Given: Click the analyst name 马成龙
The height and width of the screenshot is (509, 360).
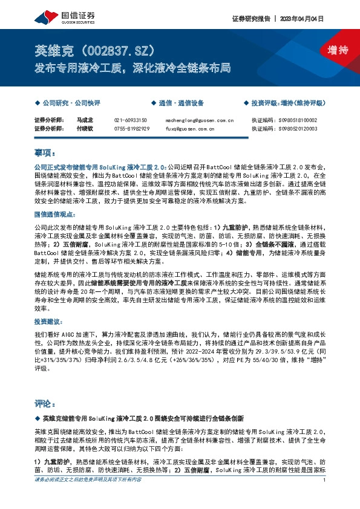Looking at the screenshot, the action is [83, 121].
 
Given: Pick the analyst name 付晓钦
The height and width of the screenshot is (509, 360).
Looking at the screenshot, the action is [83, 128].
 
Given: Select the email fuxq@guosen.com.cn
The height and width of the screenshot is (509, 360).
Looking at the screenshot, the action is [190, 128].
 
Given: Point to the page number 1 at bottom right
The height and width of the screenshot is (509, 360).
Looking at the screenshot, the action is [325, 498].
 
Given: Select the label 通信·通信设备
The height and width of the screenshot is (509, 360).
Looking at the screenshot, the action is [181, 103].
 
